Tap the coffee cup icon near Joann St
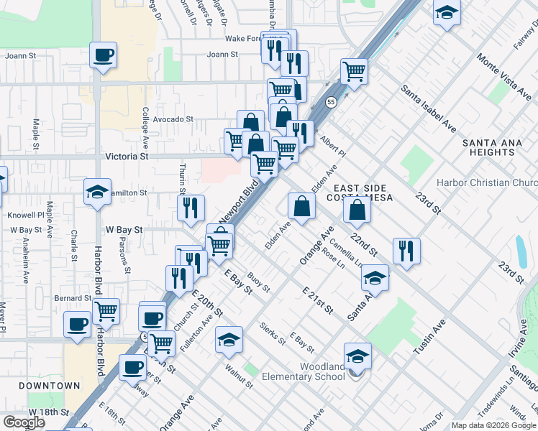coord(103,55)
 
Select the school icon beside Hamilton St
coord(97,192)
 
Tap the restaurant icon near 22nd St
coord(406,251)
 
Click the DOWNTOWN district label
coord(50,386)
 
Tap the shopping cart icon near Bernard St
coord(106,311)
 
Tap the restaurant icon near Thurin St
coord(191,208)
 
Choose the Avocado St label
coord(173,119)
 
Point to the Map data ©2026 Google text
coord(493,425)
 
